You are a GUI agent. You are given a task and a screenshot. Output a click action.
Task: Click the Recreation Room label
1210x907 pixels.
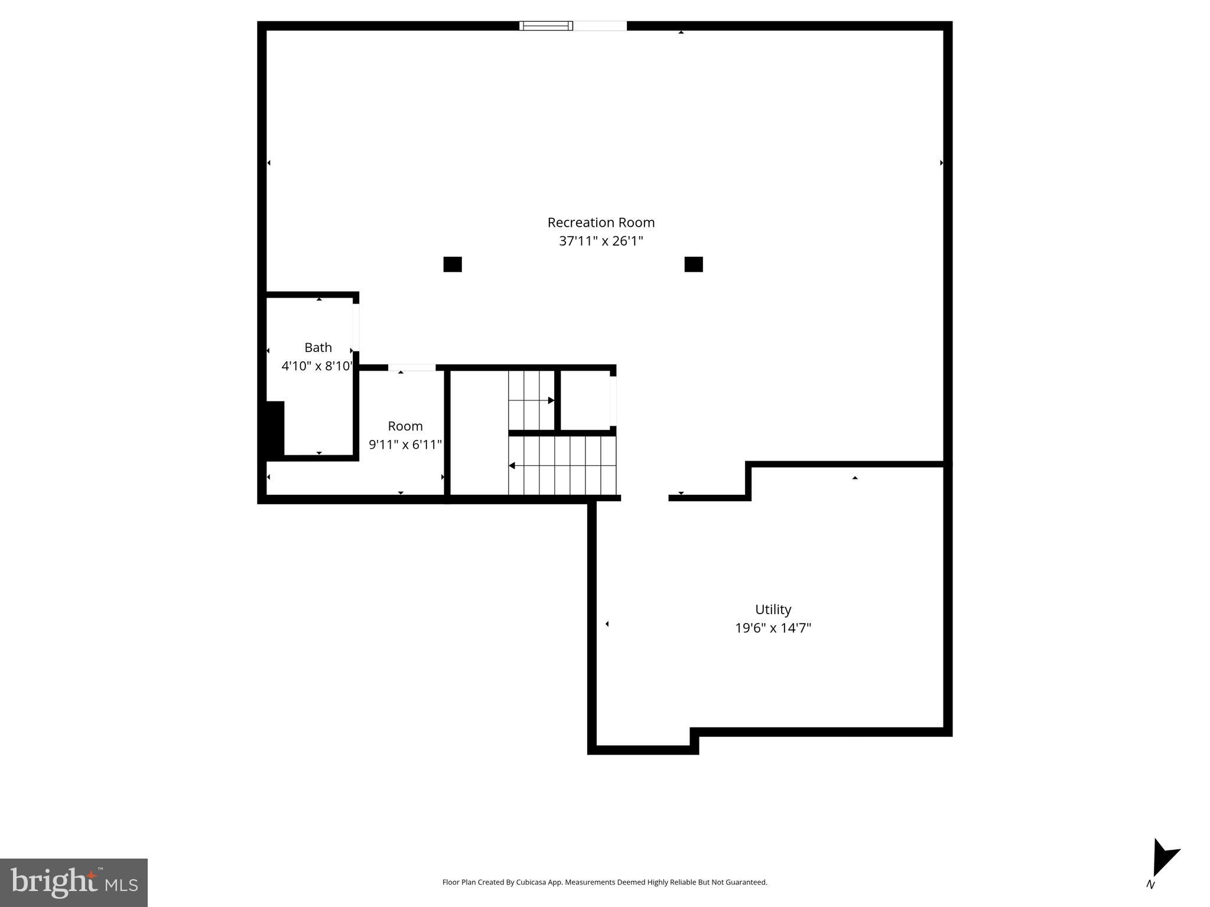[601, 223]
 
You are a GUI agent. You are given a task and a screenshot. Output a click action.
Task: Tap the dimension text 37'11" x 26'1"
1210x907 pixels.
[601, 241]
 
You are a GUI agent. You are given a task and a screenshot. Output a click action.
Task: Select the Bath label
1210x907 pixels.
[318, 347]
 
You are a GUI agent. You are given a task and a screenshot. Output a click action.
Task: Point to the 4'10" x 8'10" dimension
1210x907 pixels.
[317, 366]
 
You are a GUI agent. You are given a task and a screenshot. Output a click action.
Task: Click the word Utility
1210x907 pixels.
[773, 609]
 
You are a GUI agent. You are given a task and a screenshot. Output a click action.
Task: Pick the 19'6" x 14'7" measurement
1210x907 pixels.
[773, 628]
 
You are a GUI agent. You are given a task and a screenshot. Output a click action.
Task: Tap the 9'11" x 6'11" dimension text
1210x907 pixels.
[405, 445]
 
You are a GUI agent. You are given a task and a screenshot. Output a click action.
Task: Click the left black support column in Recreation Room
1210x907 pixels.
[453, 264]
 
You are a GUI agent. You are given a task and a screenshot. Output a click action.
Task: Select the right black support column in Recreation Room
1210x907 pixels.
[694, 264]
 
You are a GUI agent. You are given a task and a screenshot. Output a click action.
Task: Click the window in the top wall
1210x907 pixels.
[546, 25]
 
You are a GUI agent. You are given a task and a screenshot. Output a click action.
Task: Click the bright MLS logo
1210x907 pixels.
[74, 882]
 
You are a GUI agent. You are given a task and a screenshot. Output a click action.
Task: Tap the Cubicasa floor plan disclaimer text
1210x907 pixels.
[604, 882]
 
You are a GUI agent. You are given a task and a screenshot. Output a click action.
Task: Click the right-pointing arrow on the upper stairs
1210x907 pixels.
[550, 400]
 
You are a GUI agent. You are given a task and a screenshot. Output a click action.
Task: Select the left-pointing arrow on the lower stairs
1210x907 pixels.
[512, 466]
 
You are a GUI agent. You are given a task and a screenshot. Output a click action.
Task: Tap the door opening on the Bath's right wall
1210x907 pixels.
[356, 327]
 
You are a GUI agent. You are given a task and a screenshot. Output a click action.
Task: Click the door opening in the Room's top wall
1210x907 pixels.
[412, 367]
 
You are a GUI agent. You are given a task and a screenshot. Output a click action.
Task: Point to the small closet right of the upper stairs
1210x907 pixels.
[585, 400]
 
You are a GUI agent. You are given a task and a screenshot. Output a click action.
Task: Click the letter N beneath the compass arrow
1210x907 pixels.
[1150, 885]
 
